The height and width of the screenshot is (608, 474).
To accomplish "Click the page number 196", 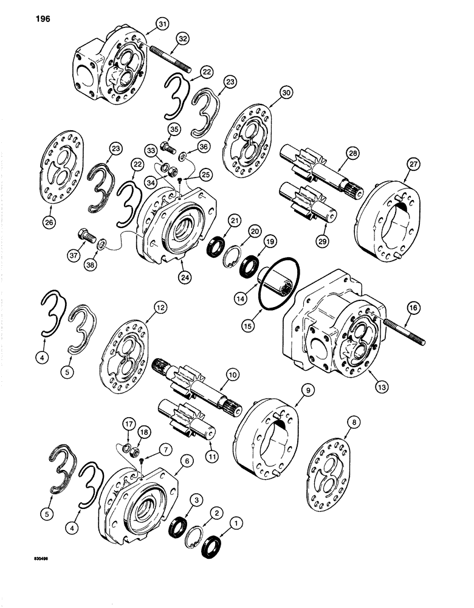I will (x=34, y=18).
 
